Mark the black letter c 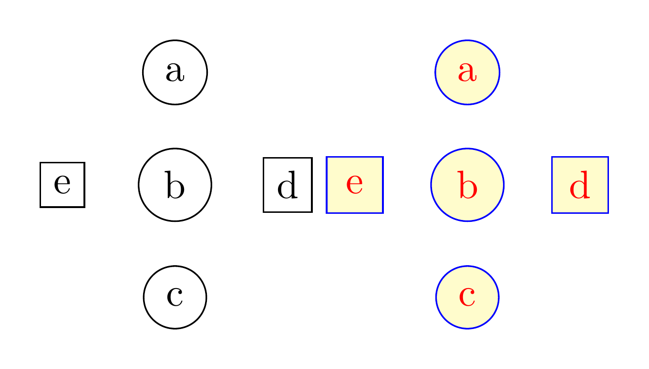click(x=175, y=297)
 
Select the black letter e click(x=62, y=184)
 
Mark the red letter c click(x=467, y=297)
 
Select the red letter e click(x=355, y=184)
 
